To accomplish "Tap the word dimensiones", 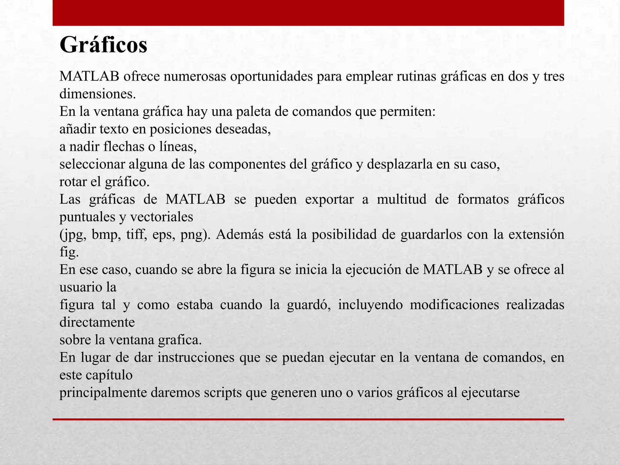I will point(97,94).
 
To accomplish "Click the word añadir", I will point(77,129).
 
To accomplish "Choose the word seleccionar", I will point(92,164).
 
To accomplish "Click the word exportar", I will point(329,200).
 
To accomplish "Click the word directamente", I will point(97,322).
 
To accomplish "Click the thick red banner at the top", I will point(308,13).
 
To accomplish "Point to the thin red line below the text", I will point(308,419).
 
